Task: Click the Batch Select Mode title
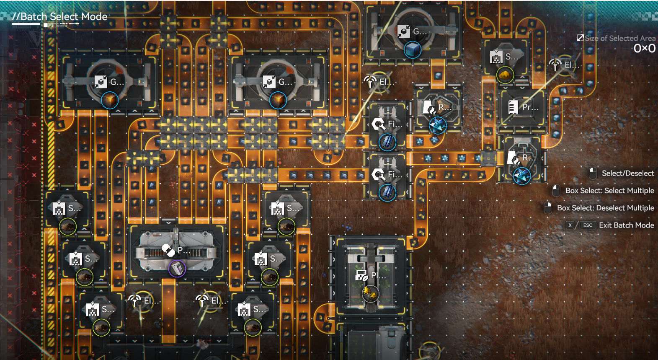[59, 17]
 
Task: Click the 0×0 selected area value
[644, 49]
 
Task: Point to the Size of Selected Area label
[620, 39]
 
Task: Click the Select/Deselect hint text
[627, 174]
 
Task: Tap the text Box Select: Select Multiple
[609, 191]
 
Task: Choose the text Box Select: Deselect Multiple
[605, 208]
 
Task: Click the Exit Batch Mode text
[626, 225]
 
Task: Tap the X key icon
[570, 225]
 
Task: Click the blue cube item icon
[413, 50]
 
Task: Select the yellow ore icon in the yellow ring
[505, 75]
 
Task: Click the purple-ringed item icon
[177, 269]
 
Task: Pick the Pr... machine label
[530, 107]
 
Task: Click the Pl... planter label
[378, 276]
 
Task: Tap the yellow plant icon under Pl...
[370, 293]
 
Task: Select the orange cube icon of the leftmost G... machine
[110, 101]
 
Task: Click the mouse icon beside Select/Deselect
[593, 173]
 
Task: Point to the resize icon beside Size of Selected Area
[580, 38]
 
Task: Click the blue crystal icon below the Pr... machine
[522, 176]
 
